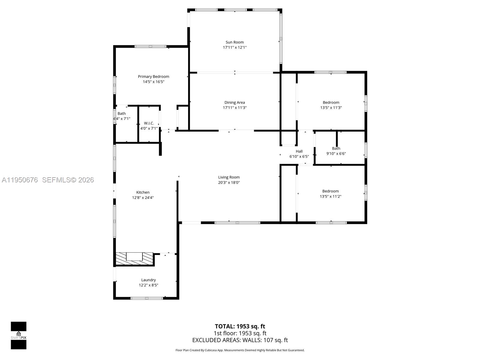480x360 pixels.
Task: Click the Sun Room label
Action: tap(235, 42)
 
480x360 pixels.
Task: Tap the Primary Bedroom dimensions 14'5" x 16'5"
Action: tap(153, 82)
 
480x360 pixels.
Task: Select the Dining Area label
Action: tap(235, 102)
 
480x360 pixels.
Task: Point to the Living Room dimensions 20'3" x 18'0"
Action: tap(229, 182)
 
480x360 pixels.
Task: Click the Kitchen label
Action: tap(143, 192)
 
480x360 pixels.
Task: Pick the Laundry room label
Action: tap(148, 280)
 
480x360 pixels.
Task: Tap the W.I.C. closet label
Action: tap(149, 123)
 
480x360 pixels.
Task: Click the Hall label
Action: tap(299, 151)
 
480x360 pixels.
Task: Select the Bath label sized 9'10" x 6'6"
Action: tap(336, 148)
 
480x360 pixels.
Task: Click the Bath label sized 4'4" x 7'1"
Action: tap(121, 113)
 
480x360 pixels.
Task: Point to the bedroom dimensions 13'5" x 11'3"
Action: tap(331, 107)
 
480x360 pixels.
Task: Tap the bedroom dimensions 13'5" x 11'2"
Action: tap(330, 196)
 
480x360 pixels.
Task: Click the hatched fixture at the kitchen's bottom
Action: tap(134, 258)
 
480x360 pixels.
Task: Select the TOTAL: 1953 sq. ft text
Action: tap(240, 326)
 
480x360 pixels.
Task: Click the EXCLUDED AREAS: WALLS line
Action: tap(240, 340)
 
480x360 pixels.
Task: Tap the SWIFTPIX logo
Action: tap(19, 335)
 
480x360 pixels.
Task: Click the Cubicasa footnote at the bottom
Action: tap(240, 350)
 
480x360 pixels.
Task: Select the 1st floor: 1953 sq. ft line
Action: tap(240, 333)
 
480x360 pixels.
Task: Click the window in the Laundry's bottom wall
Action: tap(147, 298)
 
